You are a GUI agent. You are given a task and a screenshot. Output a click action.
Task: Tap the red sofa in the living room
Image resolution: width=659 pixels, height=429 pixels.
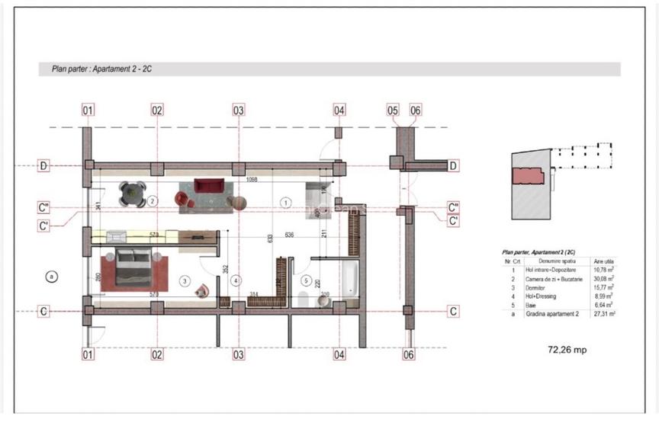tap(207, 186)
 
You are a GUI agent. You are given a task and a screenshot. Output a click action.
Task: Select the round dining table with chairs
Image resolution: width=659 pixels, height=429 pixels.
tap(133, 193)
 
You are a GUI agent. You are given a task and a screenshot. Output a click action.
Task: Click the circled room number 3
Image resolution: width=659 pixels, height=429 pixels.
tap(185, 281)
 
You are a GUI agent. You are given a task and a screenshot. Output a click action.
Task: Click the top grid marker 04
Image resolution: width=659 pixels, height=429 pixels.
tap(339, 110)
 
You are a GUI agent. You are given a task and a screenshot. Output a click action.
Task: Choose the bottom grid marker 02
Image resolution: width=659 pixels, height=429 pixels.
tap(156, 354)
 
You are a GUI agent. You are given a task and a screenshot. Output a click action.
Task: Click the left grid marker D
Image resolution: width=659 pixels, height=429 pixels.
tap(44, 166)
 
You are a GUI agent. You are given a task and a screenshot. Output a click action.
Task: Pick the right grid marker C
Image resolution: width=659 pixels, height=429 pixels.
tap(453, 311)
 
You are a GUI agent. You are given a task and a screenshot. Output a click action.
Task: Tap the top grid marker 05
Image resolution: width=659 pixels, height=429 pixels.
tap(393, 110)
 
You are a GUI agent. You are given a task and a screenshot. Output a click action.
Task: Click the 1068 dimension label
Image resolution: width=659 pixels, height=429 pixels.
tap(255, 180)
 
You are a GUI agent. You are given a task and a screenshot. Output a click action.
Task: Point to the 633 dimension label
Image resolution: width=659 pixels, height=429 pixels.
tap(270, 238)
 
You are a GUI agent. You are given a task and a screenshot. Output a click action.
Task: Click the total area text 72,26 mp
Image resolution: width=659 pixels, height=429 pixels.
tap(567, 350)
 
